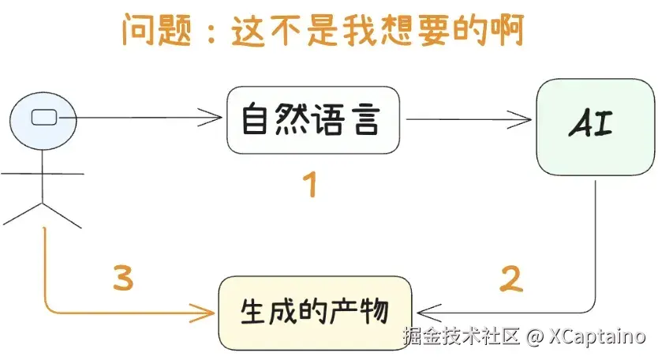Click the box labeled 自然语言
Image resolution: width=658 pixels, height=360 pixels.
[312, 121]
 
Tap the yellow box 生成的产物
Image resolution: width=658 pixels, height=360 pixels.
[315, 313]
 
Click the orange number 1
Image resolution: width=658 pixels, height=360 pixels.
[310, 186]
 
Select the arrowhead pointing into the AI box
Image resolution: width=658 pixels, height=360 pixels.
[524, 121]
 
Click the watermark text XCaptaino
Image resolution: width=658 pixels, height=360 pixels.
[596, 338]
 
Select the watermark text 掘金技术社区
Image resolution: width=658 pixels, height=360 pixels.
[461, 338]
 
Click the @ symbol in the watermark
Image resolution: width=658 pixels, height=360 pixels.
[534, 338]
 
